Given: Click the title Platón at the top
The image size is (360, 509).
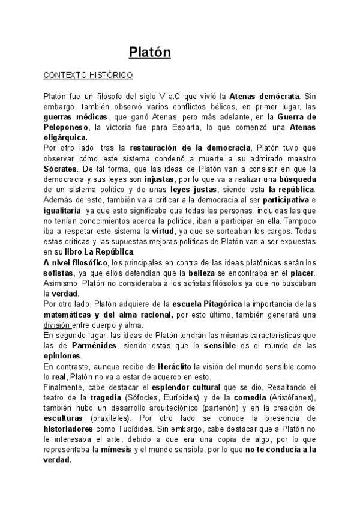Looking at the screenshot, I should click(x=151, y=52).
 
